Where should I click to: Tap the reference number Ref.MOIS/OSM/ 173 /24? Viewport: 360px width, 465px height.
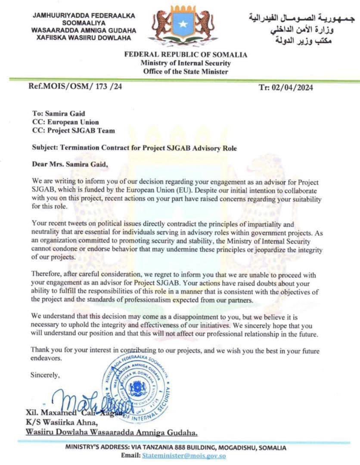pos(75,86)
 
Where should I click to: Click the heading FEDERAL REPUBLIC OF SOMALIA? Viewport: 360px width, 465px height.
pos(186,55)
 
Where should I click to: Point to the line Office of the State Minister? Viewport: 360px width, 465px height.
pos(186,72)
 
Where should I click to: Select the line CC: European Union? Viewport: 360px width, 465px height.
pos(65,122)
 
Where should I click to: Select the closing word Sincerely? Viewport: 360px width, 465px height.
pos(45,375)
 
